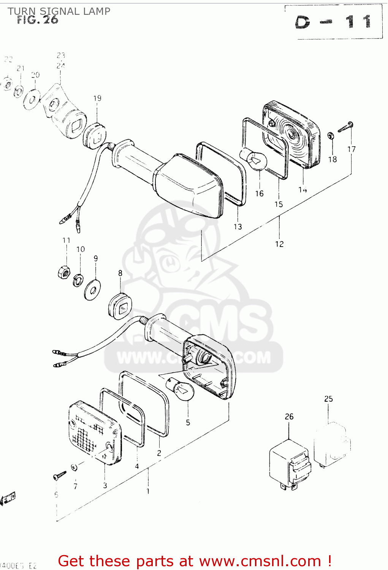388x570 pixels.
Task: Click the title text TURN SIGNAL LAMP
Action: click(59, 11)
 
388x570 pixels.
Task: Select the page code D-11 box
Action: click(333, 22)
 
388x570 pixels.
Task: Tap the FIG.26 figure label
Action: click(38, 20)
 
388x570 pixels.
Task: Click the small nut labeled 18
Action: click(331, 136)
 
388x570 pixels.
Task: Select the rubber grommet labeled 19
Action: click(95, 135)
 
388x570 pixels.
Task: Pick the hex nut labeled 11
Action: click(63, 272)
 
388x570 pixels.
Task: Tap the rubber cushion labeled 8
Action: click(120, 306)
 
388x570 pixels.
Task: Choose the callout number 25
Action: click(328, 399)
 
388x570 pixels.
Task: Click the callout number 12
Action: click(279, 244)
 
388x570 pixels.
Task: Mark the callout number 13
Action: click(238, 226)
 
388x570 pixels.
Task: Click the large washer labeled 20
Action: click(32, 100)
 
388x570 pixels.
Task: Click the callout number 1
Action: click(148, 491)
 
